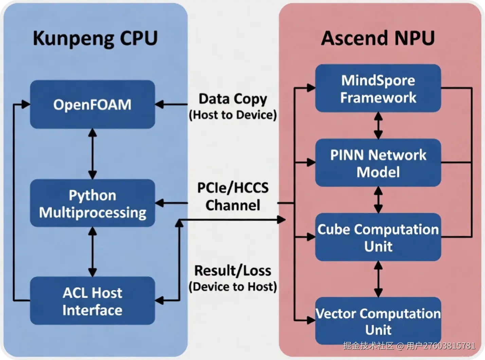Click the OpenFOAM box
tap(92, 104)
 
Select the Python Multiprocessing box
tap(92, 203)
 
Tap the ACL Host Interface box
tap(92, 301)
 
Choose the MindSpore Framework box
tap(378, 88)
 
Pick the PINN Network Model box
tap(378, 163)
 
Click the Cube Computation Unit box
tap(378, 237)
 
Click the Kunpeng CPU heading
tap(95, 38)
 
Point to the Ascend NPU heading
tap(378, 38)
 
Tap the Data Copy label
tap(233, 99)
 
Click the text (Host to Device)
tap(233, 115)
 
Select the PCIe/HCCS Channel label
tap(233, 196)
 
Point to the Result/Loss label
tap(233, 271)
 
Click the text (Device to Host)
tap(233, 287)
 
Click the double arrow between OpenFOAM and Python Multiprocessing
tap(92, 154)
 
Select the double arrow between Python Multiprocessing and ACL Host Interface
tap(92, 252)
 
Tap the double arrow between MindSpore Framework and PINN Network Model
tap(378, 125)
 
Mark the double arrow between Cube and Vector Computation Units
tap(378, 279)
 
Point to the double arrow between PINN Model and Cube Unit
tap(378, 200)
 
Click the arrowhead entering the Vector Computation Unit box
tap(311, 320)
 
